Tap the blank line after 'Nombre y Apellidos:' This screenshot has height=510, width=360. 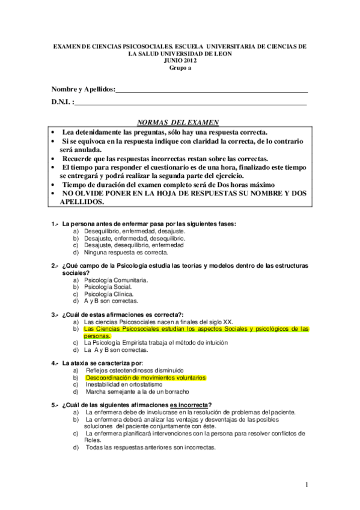[212, 90]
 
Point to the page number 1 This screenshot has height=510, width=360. [306, 484]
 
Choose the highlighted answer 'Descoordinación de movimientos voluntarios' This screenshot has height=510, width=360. [145, 378]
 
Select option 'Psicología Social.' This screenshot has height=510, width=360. [114, 287]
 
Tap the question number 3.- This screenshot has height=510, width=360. [55, 315]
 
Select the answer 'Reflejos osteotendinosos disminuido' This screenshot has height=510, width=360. [135, 370]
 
